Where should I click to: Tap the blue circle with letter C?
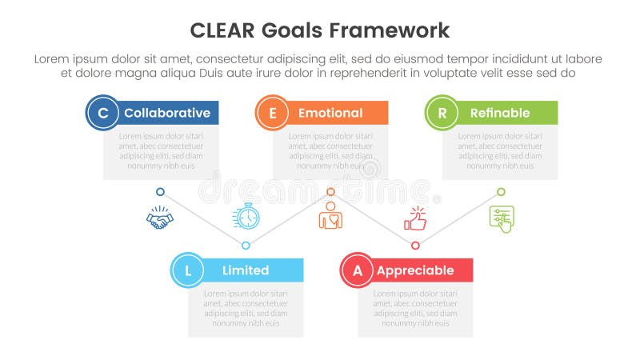102,113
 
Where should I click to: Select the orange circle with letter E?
272,113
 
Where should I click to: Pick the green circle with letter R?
442,113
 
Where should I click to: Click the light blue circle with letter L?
188,270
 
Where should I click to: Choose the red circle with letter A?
358,270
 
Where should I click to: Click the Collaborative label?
167,113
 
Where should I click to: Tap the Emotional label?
330,113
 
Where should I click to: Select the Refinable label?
500,113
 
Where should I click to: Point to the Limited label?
246,270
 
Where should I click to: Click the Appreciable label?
415,270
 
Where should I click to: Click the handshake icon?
160,218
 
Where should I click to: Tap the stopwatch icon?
246,217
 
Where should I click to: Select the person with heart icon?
330,218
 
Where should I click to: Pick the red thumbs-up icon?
416,218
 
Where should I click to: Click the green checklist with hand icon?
502,218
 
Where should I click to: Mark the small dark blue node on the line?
160,192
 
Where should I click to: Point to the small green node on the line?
501,192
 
